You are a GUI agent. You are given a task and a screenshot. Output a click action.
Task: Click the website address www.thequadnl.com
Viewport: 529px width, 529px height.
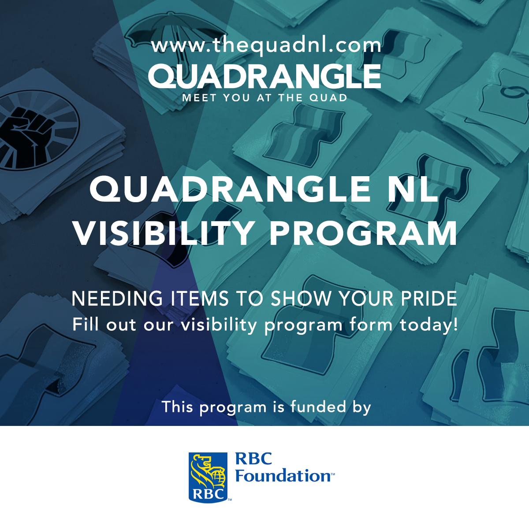point(266,46)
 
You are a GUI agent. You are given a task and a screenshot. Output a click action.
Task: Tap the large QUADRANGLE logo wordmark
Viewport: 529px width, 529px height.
point(264,77)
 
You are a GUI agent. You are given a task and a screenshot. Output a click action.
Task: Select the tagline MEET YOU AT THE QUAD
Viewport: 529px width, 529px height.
point(265,98)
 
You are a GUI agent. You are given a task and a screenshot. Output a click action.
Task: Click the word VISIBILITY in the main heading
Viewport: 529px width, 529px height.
point(164,233)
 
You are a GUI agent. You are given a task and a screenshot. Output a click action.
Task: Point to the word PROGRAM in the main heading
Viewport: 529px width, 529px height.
point(363,233)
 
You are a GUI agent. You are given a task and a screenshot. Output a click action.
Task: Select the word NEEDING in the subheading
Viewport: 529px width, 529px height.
point(117,299)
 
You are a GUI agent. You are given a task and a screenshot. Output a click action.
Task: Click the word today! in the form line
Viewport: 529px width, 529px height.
point(428,325)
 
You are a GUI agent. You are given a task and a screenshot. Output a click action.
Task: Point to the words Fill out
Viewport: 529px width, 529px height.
point(104,325)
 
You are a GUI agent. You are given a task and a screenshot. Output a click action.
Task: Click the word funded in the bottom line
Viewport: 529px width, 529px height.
point(318,407)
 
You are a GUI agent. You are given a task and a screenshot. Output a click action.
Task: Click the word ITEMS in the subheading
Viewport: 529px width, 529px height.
point(200,299)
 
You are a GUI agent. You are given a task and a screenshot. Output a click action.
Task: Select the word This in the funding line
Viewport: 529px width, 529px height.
point(177,407)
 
